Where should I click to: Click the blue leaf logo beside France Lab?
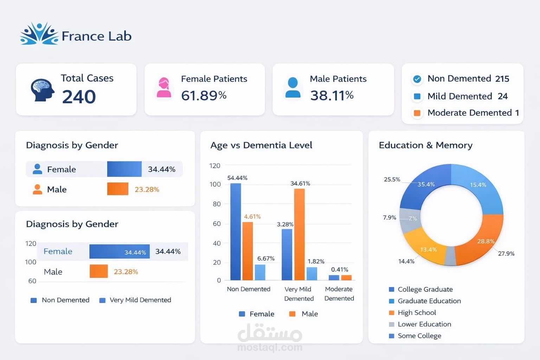[x=39, y=34]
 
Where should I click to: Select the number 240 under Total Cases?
[x=79, y=97]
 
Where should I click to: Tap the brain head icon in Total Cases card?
[x=42, y=90]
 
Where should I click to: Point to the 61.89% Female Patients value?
[x=204, y=95]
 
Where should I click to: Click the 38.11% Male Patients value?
[x=332, y=95]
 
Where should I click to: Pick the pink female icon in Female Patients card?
[x=164, y=88]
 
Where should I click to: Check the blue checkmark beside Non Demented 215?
[x=417, y=79]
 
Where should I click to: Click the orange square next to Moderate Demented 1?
[x=417, y=113]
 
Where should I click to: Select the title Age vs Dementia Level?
[x=261, y=145]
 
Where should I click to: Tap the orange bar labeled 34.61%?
[x=299, y=234]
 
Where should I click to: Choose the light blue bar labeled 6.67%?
[x=260, y=272]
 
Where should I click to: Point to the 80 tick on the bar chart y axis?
[x=217, y=204]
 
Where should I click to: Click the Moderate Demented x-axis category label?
[x=339, y=294]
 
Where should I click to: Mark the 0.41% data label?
[x=340, y=270]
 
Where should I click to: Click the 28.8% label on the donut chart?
[x=486, y=241]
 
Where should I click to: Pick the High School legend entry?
[x=417, y=313]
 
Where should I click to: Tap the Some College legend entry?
[x=419, y=336]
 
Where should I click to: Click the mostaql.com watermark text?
[x=270, y=347]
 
